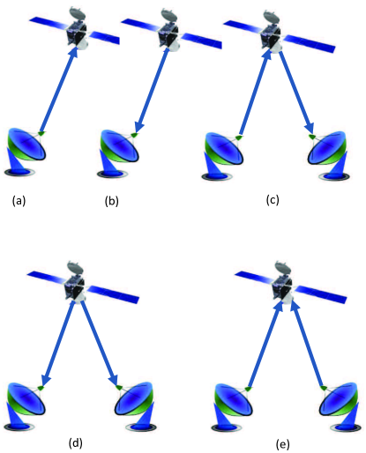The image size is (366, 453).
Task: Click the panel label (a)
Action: tap(19, 201)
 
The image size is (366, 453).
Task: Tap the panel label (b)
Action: tap(111, 201)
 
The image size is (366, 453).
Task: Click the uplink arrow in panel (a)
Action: tap(56, 89)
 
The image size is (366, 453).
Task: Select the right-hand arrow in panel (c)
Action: tap(296, 93)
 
